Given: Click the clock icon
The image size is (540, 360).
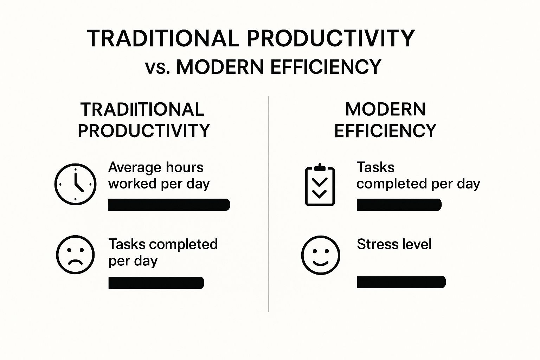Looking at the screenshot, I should [x=75, y=184].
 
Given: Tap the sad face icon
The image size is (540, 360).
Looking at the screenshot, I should [x=75, y=255].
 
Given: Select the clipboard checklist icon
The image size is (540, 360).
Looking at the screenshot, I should [x=320, y=185].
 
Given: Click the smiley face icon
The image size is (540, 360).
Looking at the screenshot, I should [x=321, y=255].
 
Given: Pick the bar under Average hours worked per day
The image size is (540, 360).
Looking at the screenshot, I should [x=169, y=205].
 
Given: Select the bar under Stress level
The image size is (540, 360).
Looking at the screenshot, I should [x=401, y=282].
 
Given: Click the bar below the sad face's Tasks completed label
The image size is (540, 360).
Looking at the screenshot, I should [x=156, y=283].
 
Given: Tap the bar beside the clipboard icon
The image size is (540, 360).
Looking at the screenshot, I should [x=399, y=205].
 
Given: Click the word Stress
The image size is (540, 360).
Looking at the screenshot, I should [x=376, y=244].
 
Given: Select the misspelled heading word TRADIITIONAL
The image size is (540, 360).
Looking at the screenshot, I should [x=142, y=109].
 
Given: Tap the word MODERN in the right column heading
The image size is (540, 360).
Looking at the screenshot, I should [x=385, y=109].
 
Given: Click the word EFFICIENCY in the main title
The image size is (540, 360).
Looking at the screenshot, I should [x=326, y=67].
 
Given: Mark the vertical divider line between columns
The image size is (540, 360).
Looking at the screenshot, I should [x=269, y=204].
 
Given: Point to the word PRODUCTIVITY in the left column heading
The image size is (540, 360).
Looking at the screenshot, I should [x=143, y=131].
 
